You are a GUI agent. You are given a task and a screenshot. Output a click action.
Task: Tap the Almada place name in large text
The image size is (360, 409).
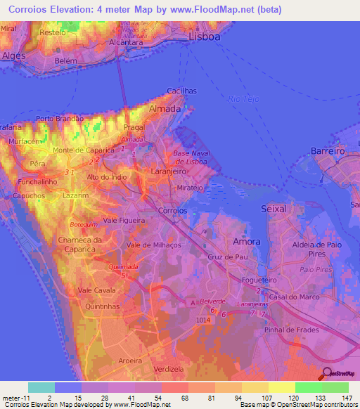[x=165, y=109]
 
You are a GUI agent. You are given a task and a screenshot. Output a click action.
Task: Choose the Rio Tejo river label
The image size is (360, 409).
[x=244, y=98]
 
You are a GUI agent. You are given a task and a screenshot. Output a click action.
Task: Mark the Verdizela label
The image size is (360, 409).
[x=167, y=368]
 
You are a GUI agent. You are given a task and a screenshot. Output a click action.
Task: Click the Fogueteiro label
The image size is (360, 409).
[x=259, y=279]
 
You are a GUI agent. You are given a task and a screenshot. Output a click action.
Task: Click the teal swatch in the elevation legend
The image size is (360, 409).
[x=41, y=387]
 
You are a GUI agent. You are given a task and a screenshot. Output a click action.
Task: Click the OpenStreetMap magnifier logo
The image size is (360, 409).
[x=327, y=373]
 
